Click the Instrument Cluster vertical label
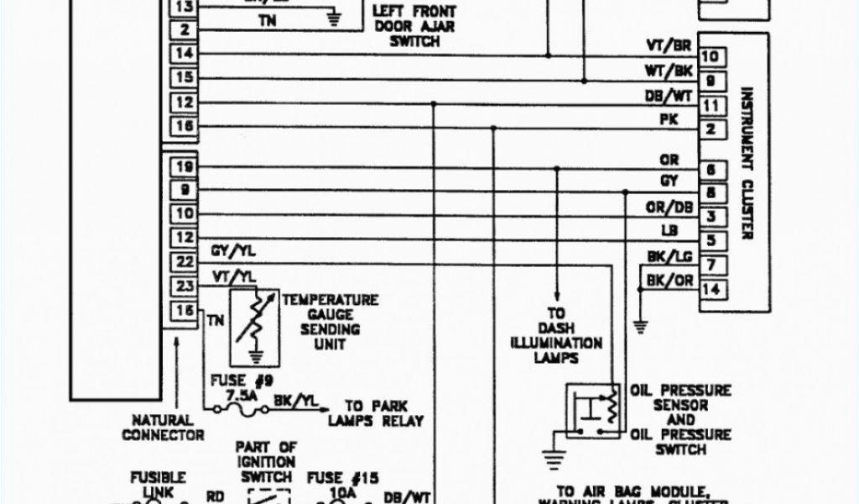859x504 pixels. click(x=746, y=163)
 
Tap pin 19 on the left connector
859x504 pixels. click(x=185, y=167)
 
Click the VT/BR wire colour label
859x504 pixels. click(x=669, y=45)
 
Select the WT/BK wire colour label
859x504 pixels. click(x=669, y=71)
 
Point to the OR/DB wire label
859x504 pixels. click(x=669, y=207)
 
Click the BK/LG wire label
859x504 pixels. click(x=669, y=256)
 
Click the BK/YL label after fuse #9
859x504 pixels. click(x=290, y=401)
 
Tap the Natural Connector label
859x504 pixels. click(x=163, y=427)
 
